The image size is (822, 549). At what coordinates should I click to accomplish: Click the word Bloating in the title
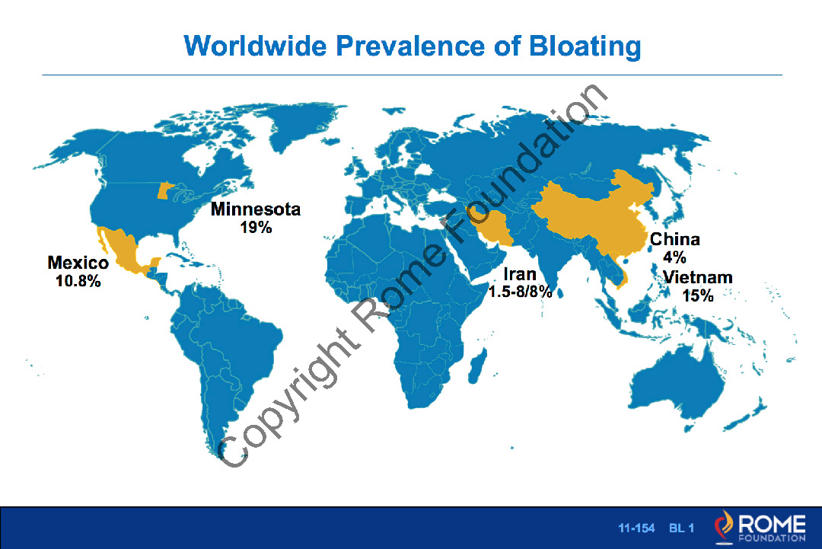click(x=585, y=46)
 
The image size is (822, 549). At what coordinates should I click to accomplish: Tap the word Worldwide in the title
click(x=255, y=46)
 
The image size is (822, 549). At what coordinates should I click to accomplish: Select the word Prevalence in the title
click(x=410, y=46)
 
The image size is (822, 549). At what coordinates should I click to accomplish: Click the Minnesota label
click(x=256, y=209)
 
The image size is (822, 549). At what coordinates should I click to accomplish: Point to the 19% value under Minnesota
click(x=256, y=228)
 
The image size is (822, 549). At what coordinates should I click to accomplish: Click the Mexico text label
click(x=78, y=262)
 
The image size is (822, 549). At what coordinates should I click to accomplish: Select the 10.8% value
click(x=78, y=281)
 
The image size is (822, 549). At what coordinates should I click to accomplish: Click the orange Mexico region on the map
click(x=127, y=253)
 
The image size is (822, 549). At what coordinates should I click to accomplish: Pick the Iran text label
click(x=520, y=274)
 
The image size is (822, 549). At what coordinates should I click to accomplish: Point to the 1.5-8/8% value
click(x=520, y=292)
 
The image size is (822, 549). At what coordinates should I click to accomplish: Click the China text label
click(x=674, y=240)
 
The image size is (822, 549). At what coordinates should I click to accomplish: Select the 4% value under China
click(x=674, y=257)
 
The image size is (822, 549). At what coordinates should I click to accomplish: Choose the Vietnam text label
click(x=697, y=277)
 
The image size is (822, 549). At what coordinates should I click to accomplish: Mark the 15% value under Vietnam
click(x=698, y=295)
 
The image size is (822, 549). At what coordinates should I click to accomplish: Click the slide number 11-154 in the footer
click(x=636, y=528)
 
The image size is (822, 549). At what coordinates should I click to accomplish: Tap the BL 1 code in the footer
click(x=681, y=528)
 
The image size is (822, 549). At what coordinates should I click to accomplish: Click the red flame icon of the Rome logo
click(x=724, y=526)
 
